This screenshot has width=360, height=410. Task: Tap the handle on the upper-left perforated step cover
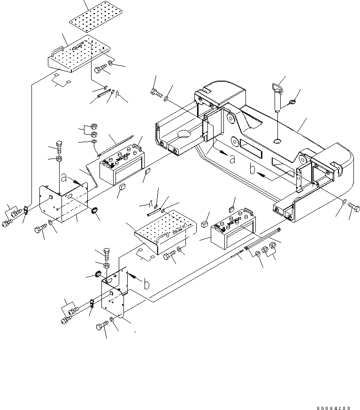click(57, 49)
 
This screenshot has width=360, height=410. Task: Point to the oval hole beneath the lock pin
click(277, 140)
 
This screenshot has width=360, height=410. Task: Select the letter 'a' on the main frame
click(231, 159)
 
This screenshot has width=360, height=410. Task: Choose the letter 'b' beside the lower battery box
click(146, 283)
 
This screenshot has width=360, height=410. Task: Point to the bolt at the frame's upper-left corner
click(155, 93)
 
